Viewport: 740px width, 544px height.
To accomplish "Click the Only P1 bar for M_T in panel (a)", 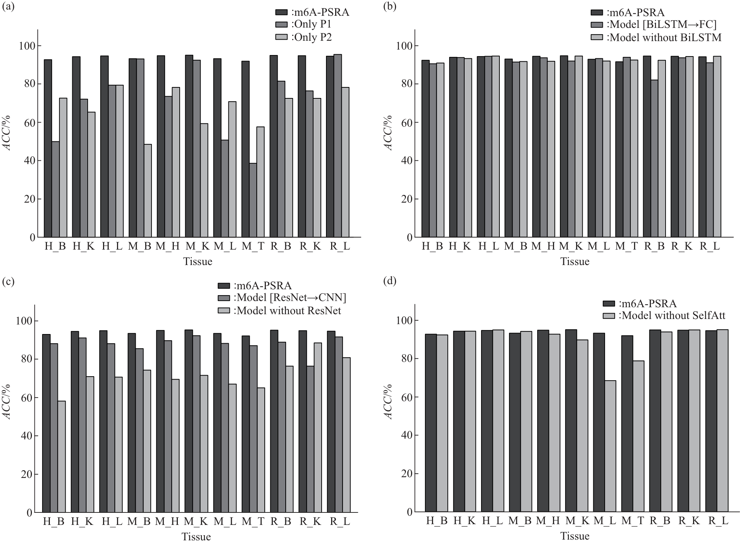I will click(253, 200).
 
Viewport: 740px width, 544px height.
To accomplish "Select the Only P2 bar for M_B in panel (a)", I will click(147, 191).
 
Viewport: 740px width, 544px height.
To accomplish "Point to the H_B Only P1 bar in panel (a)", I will click(55, 189).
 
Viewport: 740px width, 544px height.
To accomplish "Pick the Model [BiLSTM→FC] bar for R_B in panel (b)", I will click(654, 159).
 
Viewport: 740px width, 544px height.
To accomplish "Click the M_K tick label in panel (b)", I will click(571, 246).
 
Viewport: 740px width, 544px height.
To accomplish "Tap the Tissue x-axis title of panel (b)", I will click(575, 262).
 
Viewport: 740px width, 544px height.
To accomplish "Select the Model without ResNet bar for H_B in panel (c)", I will click(62, 456).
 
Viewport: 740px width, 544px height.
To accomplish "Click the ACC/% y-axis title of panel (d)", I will click(389, 402).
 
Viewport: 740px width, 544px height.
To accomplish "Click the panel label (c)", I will click(8, 282).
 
